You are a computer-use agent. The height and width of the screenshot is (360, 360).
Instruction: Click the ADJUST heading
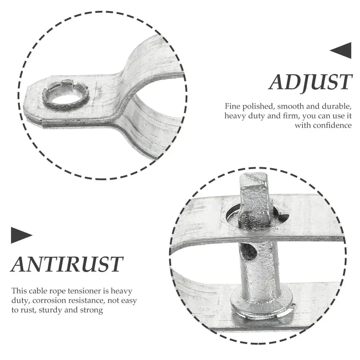(310, 82)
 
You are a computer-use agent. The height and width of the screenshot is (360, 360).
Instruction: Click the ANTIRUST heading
(67, 264)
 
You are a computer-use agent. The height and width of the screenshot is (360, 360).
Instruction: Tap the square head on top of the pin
(255, 194)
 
